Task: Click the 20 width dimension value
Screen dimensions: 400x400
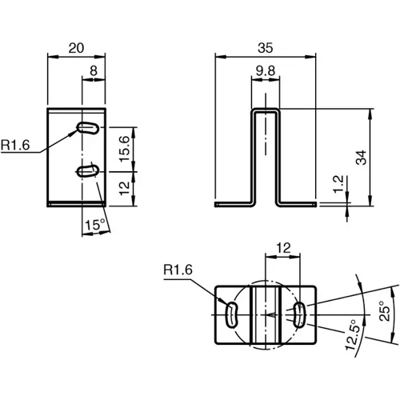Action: tap(77, 48)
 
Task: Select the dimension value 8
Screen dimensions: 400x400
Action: tap(94, 71)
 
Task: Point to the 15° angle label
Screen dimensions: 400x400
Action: tap(94, 226)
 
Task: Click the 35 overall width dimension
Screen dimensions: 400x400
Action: tap(267, 47)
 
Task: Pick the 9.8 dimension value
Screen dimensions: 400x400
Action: tap(266, 72)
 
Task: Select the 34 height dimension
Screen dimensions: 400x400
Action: tap(384, 156)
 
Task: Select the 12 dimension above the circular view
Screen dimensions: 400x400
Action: tap(281, 248)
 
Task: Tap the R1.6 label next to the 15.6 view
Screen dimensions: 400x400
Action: tap(16, 146)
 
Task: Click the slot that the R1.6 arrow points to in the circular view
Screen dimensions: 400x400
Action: tap(231, 314)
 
